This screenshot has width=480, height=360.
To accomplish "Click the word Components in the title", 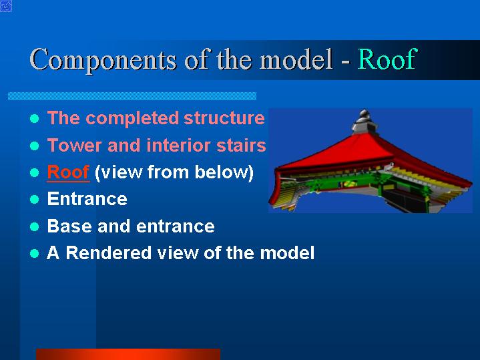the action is (103, 59).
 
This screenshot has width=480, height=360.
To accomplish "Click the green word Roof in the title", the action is (387, 59).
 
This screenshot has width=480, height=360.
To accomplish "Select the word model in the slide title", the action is (296, 59).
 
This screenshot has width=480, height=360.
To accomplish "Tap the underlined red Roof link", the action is (68, 172).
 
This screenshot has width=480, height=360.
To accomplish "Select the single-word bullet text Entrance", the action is (87, 199).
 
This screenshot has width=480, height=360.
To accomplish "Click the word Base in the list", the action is (69, 226).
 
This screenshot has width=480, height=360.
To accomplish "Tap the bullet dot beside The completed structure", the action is (35, 119).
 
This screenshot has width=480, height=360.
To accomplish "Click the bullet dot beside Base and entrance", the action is (35, 226).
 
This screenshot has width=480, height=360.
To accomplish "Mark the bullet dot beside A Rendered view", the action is (35, 254).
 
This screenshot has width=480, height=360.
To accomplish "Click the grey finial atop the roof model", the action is (365, 121).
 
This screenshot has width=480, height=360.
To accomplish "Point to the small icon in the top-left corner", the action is (6, 6).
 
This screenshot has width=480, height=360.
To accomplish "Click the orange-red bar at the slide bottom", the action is (128, 354).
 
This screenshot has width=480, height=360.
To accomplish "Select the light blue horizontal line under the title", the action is (132, 96).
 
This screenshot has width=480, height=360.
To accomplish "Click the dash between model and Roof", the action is (345, 61).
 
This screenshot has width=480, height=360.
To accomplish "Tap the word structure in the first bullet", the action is (224, 118).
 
